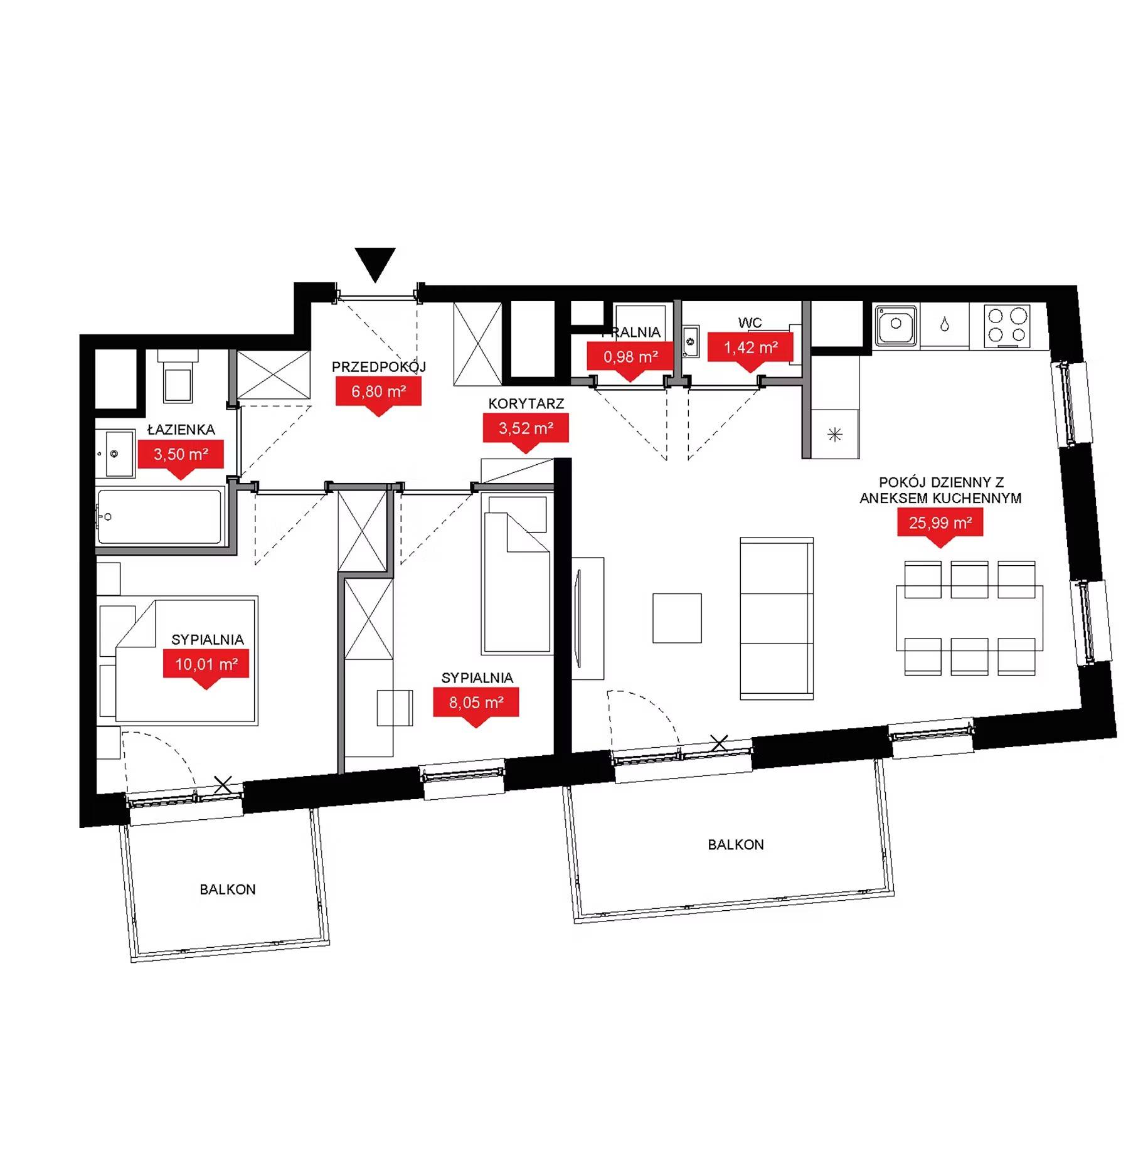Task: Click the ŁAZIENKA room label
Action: [181, 430]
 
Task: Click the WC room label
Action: [750, 323]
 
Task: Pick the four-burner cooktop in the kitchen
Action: [1007, 326]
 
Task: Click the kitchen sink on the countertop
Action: [896, 325]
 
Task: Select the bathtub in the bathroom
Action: [159, 517]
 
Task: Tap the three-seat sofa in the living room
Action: [777, 618]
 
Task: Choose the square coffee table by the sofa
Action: [677, 618]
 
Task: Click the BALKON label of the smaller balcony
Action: [228, 889]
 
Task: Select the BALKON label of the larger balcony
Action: [736, 845]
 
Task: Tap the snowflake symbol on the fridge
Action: [834, 434]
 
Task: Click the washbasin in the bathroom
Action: [115, 453]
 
